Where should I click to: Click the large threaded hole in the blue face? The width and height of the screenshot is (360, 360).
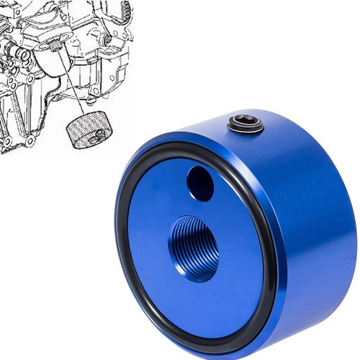tap(194, 249)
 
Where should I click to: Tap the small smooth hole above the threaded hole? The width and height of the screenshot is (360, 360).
tap(200, 184)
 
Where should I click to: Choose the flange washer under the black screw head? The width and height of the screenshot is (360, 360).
tap(246, 130)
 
